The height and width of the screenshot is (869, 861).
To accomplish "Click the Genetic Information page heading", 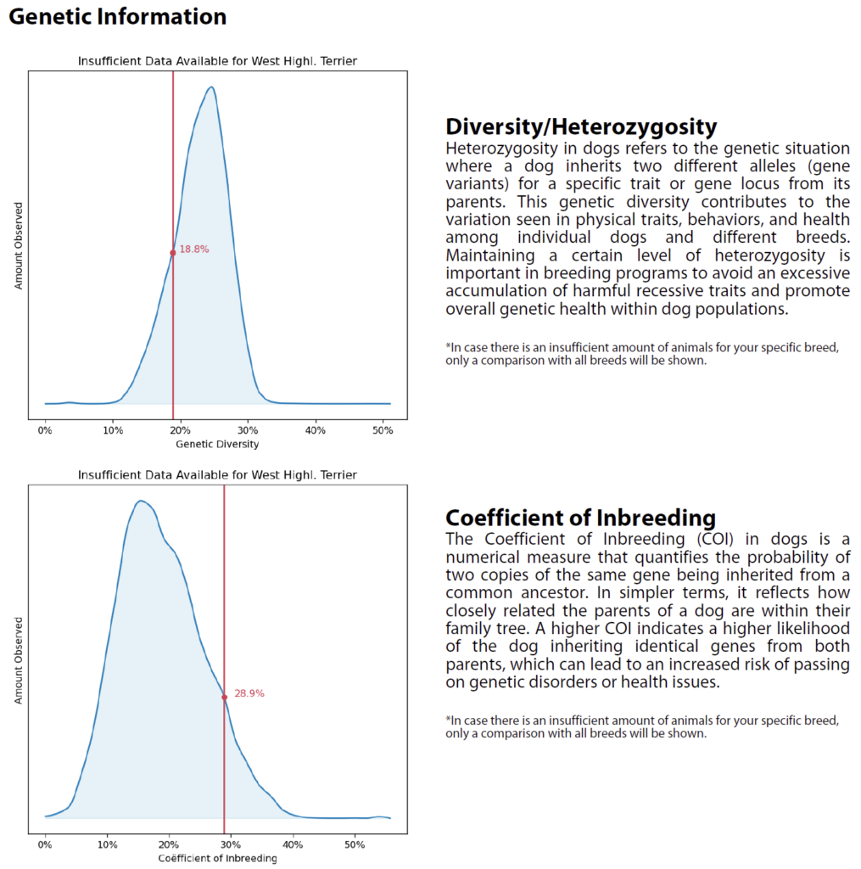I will [x=118, y=17].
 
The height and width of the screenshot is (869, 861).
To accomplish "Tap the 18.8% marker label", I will [x=194, y=250].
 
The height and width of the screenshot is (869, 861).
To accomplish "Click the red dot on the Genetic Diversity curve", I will [x=173, y=252].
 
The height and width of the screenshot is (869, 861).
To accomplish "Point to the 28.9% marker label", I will [x=249, y=693].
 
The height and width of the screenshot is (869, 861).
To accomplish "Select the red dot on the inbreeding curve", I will [x=225, y=697].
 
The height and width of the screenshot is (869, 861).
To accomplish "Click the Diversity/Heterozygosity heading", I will [x=581, y=127].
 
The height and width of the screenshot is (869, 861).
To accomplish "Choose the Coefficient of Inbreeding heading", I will [x=580, y=518].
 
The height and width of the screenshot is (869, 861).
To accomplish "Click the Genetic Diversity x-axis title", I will [x=217, y=444].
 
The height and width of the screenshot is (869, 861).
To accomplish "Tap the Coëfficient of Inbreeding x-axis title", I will [x=217, y=858].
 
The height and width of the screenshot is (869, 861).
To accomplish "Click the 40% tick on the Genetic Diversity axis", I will [x=315, y=430].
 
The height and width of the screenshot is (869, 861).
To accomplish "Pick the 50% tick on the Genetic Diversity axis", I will [x=383, y=430].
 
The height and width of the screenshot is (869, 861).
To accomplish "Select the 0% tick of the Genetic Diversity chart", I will [x=45, y=430].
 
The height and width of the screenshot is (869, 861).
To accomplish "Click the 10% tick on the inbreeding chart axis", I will [x=107, y=845].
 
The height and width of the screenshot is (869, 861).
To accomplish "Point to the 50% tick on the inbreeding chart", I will [x=355, y=845].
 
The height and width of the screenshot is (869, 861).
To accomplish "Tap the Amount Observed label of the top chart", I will [x=19, y=245].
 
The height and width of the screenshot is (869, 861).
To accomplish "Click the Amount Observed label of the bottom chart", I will [x=19, y=659].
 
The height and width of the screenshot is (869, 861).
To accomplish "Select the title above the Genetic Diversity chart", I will [x=217, y=61].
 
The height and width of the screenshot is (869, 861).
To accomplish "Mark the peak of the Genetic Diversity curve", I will [x=211, y=87].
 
